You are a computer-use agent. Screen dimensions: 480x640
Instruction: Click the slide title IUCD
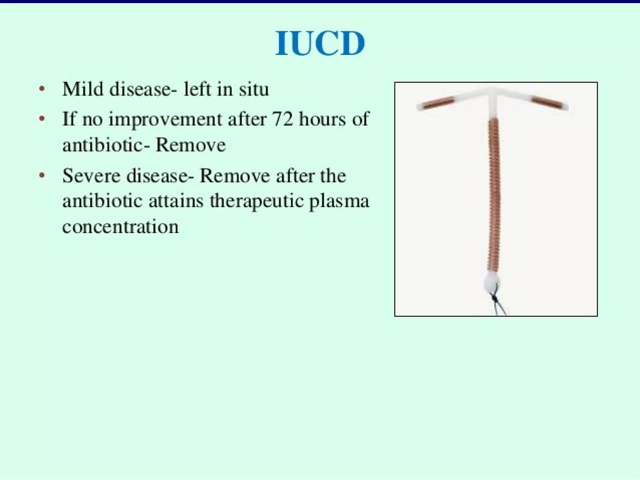click(320, 43)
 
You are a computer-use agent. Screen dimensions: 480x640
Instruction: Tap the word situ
click(254, 89)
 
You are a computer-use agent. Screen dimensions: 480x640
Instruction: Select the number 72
click(283, 119)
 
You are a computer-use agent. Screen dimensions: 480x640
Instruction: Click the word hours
click(322, 119)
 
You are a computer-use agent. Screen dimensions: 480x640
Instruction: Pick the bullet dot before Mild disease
click(42, 89)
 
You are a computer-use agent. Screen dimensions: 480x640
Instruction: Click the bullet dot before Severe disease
click(42, 175)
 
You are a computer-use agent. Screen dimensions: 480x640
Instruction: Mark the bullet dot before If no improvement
click(42, 119)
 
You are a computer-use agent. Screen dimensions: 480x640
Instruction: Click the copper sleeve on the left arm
click(439, 103)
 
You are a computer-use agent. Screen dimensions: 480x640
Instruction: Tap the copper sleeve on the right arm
click(547, 102)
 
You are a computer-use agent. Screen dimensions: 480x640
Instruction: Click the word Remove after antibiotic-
click(191, 145)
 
